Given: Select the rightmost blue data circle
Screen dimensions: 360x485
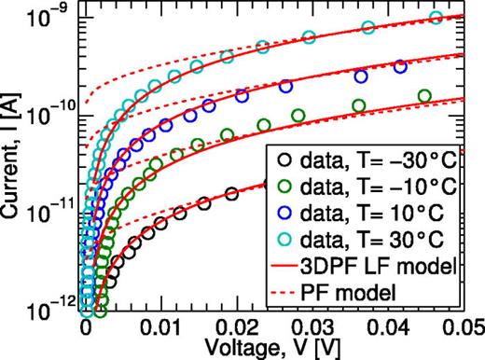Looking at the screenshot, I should point(400,66).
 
